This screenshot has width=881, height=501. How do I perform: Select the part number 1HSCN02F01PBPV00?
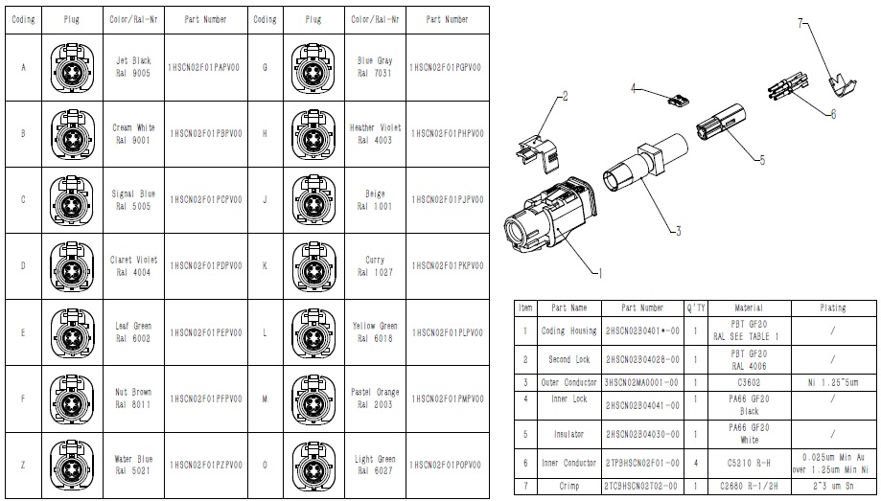coord(205,133)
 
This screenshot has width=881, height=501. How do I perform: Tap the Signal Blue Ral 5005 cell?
coord(133,199)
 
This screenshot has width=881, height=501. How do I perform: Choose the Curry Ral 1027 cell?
coord(375,265)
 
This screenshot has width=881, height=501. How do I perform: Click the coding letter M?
coord(265,398)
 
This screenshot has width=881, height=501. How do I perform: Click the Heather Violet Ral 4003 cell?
coord(375,133)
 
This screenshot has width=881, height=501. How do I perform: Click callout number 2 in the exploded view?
coord(566,95)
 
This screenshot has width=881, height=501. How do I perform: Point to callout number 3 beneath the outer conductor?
coord(677,230)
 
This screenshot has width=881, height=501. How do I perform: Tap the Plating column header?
coord(832,307)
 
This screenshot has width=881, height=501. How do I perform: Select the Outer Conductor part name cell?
coord(569,382)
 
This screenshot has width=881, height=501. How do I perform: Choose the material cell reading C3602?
coord(748,382)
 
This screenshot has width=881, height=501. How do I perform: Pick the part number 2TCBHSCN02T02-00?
coord(641,486)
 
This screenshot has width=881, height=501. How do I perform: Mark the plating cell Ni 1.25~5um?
coord(832,382)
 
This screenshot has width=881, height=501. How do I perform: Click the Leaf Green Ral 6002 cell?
coord(133,331)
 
